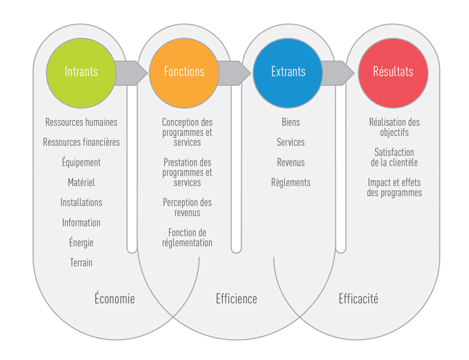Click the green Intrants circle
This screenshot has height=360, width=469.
click(82, 72)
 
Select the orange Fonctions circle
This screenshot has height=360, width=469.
click(184, 72)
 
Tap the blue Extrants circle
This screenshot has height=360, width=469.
click(288, 72)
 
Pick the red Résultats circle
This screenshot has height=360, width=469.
click(392, 72)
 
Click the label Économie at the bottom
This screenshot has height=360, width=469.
click(115, 299)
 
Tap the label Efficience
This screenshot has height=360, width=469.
click(236, 299)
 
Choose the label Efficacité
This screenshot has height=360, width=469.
click(358, 299)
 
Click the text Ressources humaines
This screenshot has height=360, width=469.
click(81, 123)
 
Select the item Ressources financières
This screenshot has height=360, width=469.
click(81, 142)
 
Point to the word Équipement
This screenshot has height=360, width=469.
click(81, 163)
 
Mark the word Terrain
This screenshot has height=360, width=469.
click(81, 262)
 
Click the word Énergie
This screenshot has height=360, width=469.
click(81, 243)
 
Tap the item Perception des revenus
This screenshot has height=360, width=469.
click(187, 207)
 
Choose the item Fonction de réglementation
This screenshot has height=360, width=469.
click(187, 238)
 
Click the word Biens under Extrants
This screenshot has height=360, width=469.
click(291, 123)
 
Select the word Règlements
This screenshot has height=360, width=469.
click(291, 183)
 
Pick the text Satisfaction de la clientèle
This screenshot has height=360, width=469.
click(394, 158)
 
